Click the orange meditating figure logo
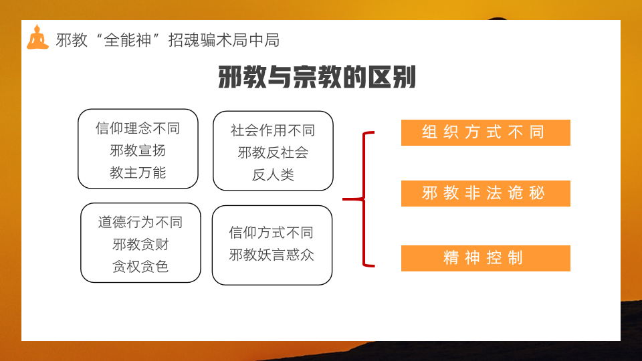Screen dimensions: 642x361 pos(37,37)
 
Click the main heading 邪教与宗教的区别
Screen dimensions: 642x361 pos(317,77)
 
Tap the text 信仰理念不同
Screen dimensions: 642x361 pos(138,128)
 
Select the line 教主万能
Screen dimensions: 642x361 pos(138,172)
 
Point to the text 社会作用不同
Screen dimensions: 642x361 pos(273,130)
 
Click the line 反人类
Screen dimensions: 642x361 pos(273,174)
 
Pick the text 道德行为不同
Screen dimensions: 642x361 pos(140,222)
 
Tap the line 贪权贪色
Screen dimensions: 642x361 pos(140,267)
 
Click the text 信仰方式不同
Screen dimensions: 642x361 pos(272,233)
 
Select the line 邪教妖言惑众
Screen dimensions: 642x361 pos(272,255)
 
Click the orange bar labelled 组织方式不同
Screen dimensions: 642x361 pos(486,132)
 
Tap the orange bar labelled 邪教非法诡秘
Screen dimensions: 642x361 pos(486,193)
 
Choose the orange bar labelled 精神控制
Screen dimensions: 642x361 pos(486,258)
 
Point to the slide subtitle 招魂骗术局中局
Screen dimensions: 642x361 pos(224,40)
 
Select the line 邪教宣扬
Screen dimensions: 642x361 pos(138,150)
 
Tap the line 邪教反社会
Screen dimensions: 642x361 pos(273,152)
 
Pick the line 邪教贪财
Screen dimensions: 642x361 pos(140,245)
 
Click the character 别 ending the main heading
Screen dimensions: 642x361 pos(404,77)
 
